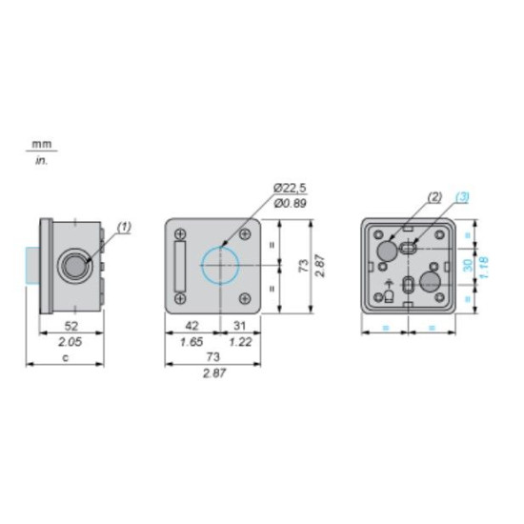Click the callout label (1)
pyautogui.click(x=124, y=228)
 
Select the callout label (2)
pyautogui.click(x=434, y=197)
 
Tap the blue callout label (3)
pyautogui.click(x=462, y=197)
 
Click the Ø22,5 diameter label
pyautogui.click(x=290, y=188)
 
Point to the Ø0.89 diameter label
pyautogui.click(x=290, y=203)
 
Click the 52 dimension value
pyautogui.click(x=71, y=326)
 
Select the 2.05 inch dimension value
pyautogui.click(x=70, y=342)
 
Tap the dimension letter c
pyautogui.click(x=66, y=358)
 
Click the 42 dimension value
pyautogui.click(x=191, y=326)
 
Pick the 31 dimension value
pyautogui.click(x=239, y=326)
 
